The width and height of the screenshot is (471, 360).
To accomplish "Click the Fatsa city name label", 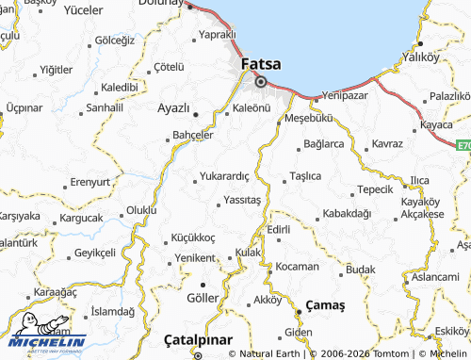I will point(261,64).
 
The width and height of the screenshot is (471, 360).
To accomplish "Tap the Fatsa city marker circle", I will point(260,81).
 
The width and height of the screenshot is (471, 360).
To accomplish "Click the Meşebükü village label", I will point(308,119).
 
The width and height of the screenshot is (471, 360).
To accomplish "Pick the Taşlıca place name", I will point(306,176).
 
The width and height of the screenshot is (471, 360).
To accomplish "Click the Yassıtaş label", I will point(241,201).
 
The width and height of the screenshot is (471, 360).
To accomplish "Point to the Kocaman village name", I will point(298,267).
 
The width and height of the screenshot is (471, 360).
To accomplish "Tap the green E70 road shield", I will point(463,146).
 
